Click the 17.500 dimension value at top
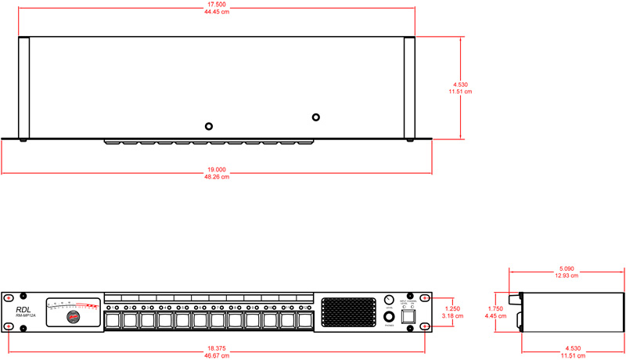click(x=218, y=4)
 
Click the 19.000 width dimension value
click(x=217, y=169)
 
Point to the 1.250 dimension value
click(x=452, y=309)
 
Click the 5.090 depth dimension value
click(x=567, y=268)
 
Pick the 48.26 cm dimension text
click(x=217, y=177)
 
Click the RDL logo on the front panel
click(x=23, y=310)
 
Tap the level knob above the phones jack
click(x=389, y=301)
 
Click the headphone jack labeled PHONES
click(x=389, y=318)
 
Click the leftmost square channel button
click(x=113, y=320)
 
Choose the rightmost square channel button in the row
click(x=305, y=320)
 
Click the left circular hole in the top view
click(x=209, y=126)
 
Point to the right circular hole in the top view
click(x=316, y=117)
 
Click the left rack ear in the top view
click(x=23, y=88)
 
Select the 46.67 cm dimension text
click(x=218, y=355)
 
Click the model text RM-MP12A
click(x=26, y=316)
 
